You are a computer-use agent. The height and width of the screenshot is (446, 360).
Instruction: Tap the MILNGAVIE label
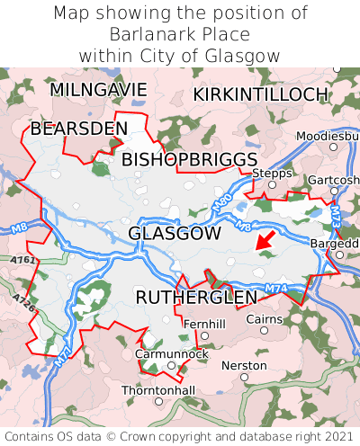coord(98,90)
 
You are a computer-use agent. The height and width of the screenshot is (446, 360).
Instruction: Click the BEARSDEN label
coord(79,129)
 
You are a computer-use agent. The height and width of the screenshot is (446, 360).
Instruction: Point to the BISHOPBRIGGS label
coord(189,159)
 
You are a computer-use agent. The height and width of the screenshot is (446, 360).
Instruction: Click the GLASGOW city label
coord(175,234)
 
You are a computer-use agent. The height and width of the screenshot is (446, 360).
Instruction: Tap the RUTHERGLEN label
coord(196,298)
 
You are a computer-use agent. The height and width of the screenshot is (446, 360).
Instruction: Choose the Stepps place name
coord(267,173)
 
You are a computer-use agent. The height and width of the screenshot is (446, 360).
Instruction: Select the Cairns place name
coord(264,319)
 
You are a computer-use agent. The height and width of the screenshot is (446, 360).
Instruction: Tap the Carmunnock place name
coord(171,354)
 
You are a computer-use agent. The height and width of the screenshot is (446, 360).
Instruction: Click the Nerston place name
coord(244,366)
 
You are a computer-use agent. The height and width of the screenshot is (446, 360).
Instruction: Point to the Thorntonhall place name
coord(158,390)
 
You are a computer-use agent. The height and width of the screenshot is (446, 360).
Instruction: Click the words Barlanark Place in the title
coord(180,34)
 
